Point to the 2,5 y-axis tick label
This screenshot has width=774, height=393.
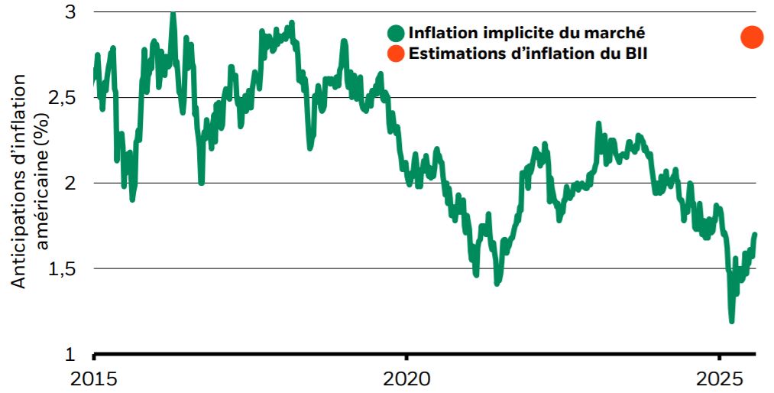(63, 98)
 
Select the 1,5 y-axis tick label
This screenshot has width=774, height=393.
(63, 269)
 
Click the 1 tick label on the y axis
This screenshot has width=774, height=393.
(71, 355)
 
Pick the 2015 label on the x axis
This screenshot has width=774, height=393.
(94, 379)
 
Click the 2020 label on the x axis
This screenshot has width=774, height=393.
(406, 379)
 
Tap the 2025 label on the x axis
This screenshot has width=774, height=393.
(718, 379)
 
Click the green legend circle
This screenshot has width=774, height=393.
(396, 33)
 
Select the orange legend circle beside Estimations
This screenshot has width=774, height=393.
(396, 54)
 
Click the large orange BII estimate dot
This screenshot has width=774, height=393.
(752, 37)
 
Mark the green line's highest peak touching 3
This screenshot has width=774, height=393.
(173, 13)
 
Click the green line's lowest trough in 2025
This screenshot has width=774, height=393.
(731, 321)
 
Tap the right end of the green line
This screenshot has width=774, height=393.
(755, 235)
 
